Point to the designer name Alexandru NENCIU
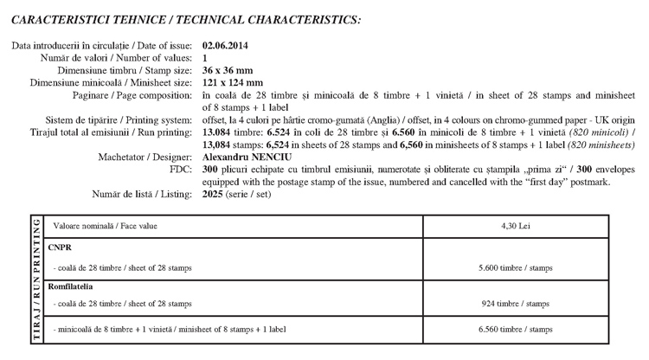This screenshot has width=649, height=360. coord(244,158)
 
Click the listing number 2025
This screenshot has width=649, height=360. coord(213,195)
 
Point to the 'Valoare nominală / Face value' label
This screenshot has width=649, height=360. coord(105,226)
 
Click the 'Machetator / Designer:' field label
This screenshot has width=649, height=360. coord(146,158)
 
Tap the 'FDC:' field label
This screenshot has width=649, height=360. coord(182,170)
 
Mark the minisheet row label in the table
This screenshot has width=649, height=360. coord(169,330)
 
